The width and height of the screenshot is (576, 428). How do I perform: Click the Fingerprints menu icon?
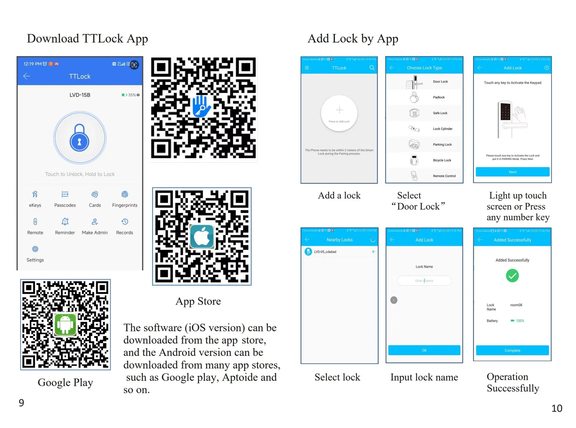click(x=124, y=194)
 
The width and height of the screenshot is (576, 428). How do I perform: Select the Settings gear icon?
click(x=35, y=249)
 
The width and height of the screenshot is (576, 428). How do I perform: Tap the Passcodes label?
click(x=65, y=205)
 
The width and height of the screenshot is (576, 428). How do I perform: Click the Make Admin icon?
click(x=94, y=222)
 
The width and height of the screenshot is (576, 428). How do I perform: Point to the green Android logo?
click(x=65, y=324)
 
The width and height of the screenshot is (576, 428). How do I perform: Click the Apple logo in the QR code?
click(x=202, y=237)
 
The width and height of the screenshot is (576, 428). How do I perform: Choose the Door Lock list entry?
click(x=440, y=82)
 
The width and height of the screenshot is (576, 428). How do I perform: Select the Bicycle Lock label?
click(x=442, y=160)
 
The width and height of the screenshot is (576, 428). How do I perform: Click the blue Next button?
click(x=512, y=172)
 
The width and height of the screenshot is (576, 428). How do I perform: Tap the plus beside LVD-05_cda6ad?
click(x=373, y=252)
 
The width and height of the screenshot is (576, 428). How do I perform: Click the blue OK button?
click(x=424, y=350)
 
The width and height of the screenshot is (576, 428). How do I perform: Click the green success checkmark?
click(x=512, y=276)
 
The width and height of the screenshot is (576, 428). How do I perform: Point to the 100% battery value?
click(x=520, y=321)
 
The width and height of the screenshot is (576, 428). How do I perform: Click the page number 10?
click(x=557, y=408)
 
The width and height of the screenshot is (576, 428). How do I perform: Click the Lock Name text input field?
click(x=424, y=281)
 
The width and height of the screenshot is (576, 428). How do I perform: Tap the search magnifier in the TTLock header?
click(x=372, y=68)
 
